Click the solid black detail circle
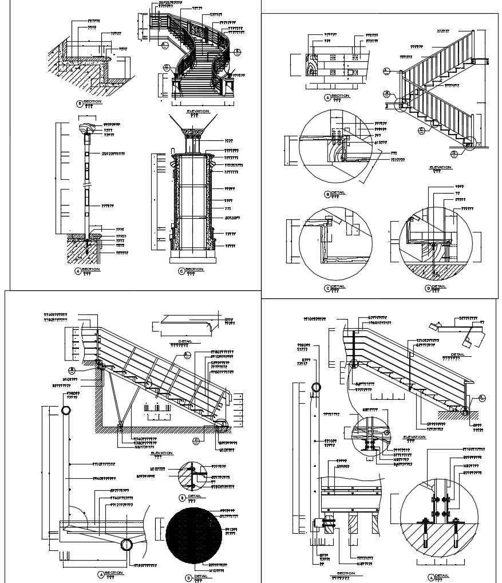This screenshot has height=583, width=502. click(194, 535)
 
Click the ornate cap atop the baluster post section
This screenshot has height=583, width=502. click(88, 127)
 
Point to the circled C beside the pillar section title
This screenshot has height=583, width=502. click(181, 270)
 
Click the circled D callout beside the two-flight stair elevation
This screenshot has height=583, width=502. click(453, 153)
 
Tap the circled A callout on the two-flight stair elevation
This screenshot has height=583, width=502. click(386, 70)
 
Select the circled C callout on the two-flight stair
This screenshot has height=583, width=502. click(421, 130)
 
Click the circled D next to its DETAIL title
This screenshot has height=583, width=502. click(428, 288)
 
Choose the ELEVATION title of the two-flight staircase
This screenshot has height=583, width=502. click(440, 167)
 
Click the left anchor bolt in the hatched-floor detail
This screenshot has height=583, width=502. click(426, 530)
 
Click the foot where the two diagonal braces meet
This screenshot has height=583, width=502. click(120, 424)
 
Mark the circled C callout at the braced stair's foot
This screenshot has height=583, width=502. click(196, 440)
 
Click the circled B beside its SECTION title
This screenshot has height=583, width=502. click(80, 104)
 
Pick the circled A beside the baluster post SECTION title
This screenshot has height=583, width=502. click(78, 271)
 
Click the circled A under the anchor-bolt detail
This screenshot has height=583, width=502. click(430, 577)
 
